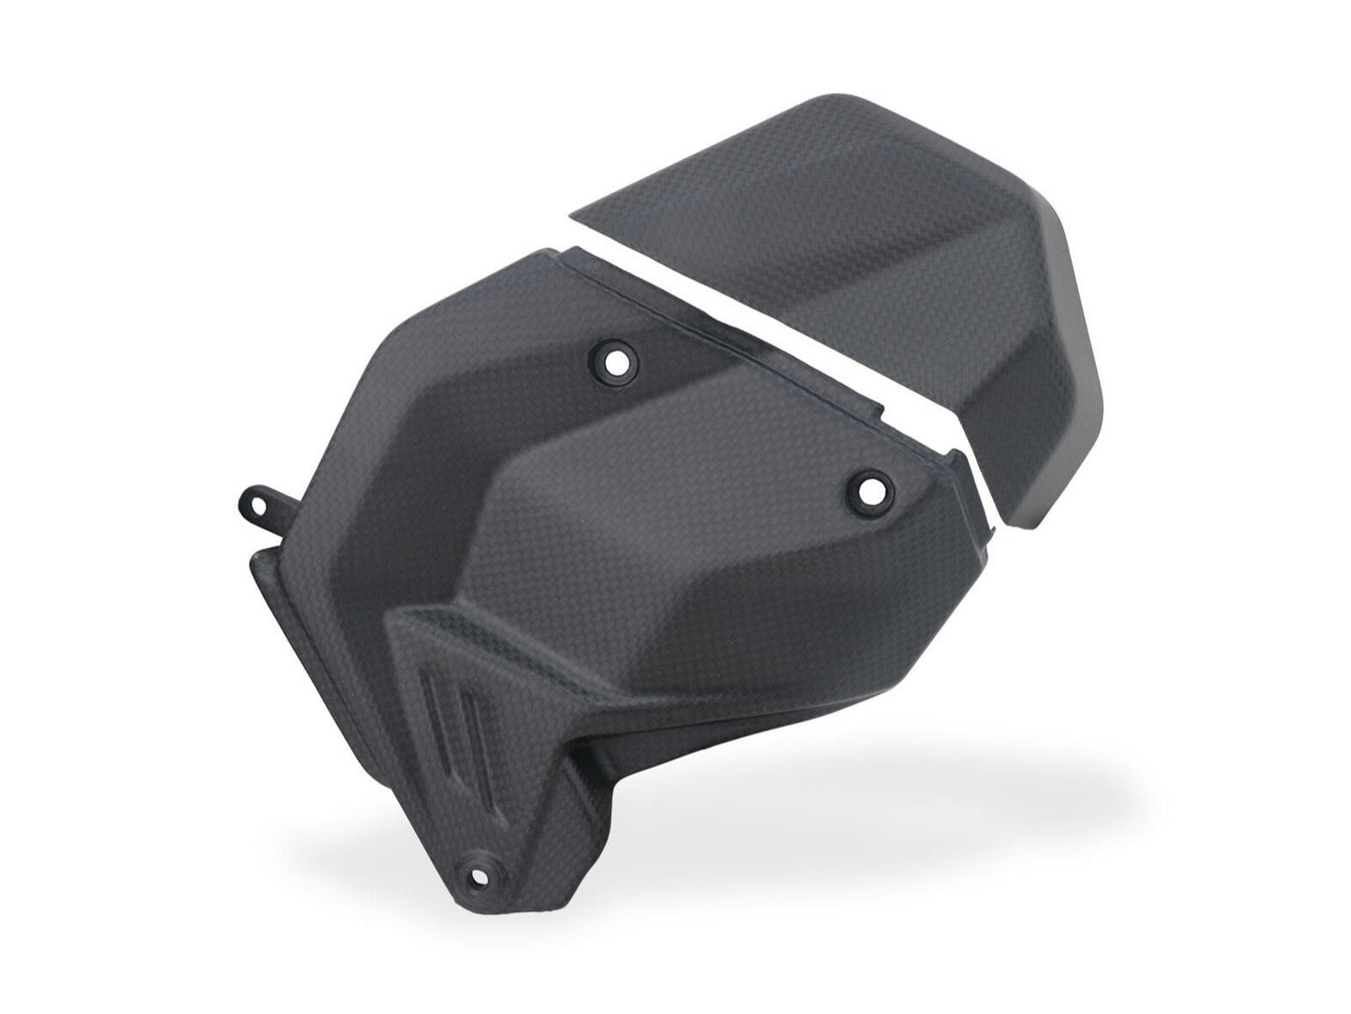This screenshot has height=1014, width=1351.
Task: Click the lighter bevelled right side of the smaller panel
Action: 1075,374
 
